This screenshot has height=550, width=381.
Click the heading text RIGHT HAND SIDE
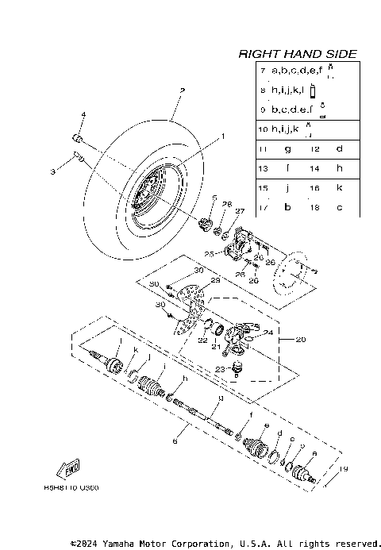[x=298, y=54]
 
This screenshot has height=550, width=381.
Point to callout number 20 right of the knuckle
[x=300, y=339]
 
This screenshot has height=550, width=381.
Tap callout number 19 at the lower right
[x=343, y=469]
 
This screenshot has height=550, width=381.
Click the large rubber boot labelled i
[x=149, y=385]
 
